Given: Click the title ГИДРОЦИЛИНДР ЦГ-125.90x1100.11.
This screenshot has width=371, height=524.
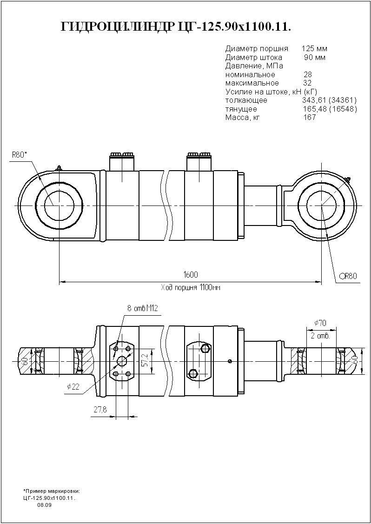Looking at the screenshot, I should click(x=176, y=27).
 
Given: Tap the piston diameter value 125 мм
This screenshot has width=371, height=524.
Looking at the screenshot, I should click(x=314, y=49).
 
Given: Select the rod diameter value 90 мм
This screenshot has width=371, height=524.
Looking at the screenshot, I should click(x=314, y=58).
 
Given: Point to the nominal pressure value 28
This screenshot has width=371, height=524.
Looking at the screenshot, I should click(x=307, y=74).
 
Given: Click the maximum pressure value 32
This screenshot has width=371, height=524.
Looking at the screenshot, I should click(x=307, y=83).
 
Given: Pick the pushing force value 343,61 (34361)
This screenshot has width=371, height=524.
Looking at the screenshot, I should click(x=329, y=100).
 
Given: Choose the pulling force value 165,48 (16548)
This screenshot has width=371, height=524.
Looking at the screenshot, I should click(x=329, y=109).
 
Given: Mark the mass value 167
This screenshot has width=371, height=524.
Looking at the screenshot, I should click(x=309, y=117).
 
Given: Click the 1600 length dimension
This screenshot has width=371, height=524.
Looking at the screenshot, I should click(x=191, y=275).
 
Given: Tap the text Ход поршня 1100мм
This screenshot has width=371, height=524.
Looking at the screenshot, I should click(x=191, y=288).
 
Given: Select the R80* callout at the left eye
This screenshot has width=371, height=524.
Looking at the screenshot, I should click(x=20, y=154).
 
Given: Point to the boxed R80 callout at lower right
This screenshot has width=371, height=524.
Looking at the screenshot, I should click(x=348, y=276).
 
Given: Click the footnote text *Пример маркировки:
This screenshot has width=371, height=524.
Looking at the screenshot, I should click(x=52, y=491).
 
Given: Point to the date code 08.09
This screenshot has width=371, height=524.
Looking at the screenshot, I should click(x=45, y=505).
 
